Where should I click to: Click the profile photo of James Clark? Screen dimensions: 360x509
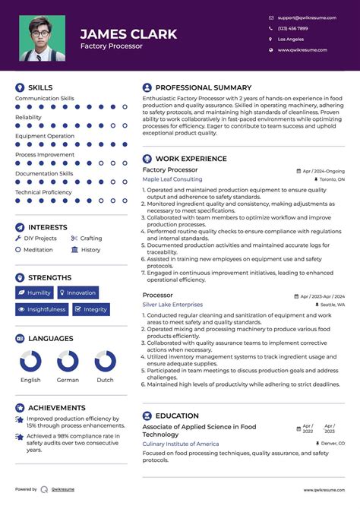point(41,38)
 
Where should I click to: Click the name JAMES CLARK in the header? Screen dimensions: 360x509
point(128,34)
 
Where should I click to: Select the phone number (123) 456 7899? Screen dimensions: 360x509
point(292,28)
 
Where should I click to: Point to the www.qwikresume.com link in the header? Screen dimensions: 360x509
point(302,49)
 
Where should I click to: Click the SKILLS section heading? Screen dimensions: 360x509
point(40,87)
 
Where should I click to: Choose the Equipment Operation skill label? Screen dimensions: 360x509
point(45,136)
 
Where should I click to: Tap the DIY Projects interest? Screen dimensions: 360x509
point(39,239)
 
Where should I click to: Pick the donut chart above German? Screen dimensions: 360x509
point(68,361)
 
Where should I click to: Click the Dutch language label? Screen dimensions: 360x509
point(105,380)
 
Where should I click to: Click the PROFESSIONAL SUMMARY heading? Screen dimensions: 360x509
point(203,87)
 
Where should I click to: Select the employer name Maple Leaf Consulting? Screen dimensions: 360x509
point(172,179)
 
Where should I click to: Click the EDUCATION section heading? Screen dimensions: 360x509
point(177,416)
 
